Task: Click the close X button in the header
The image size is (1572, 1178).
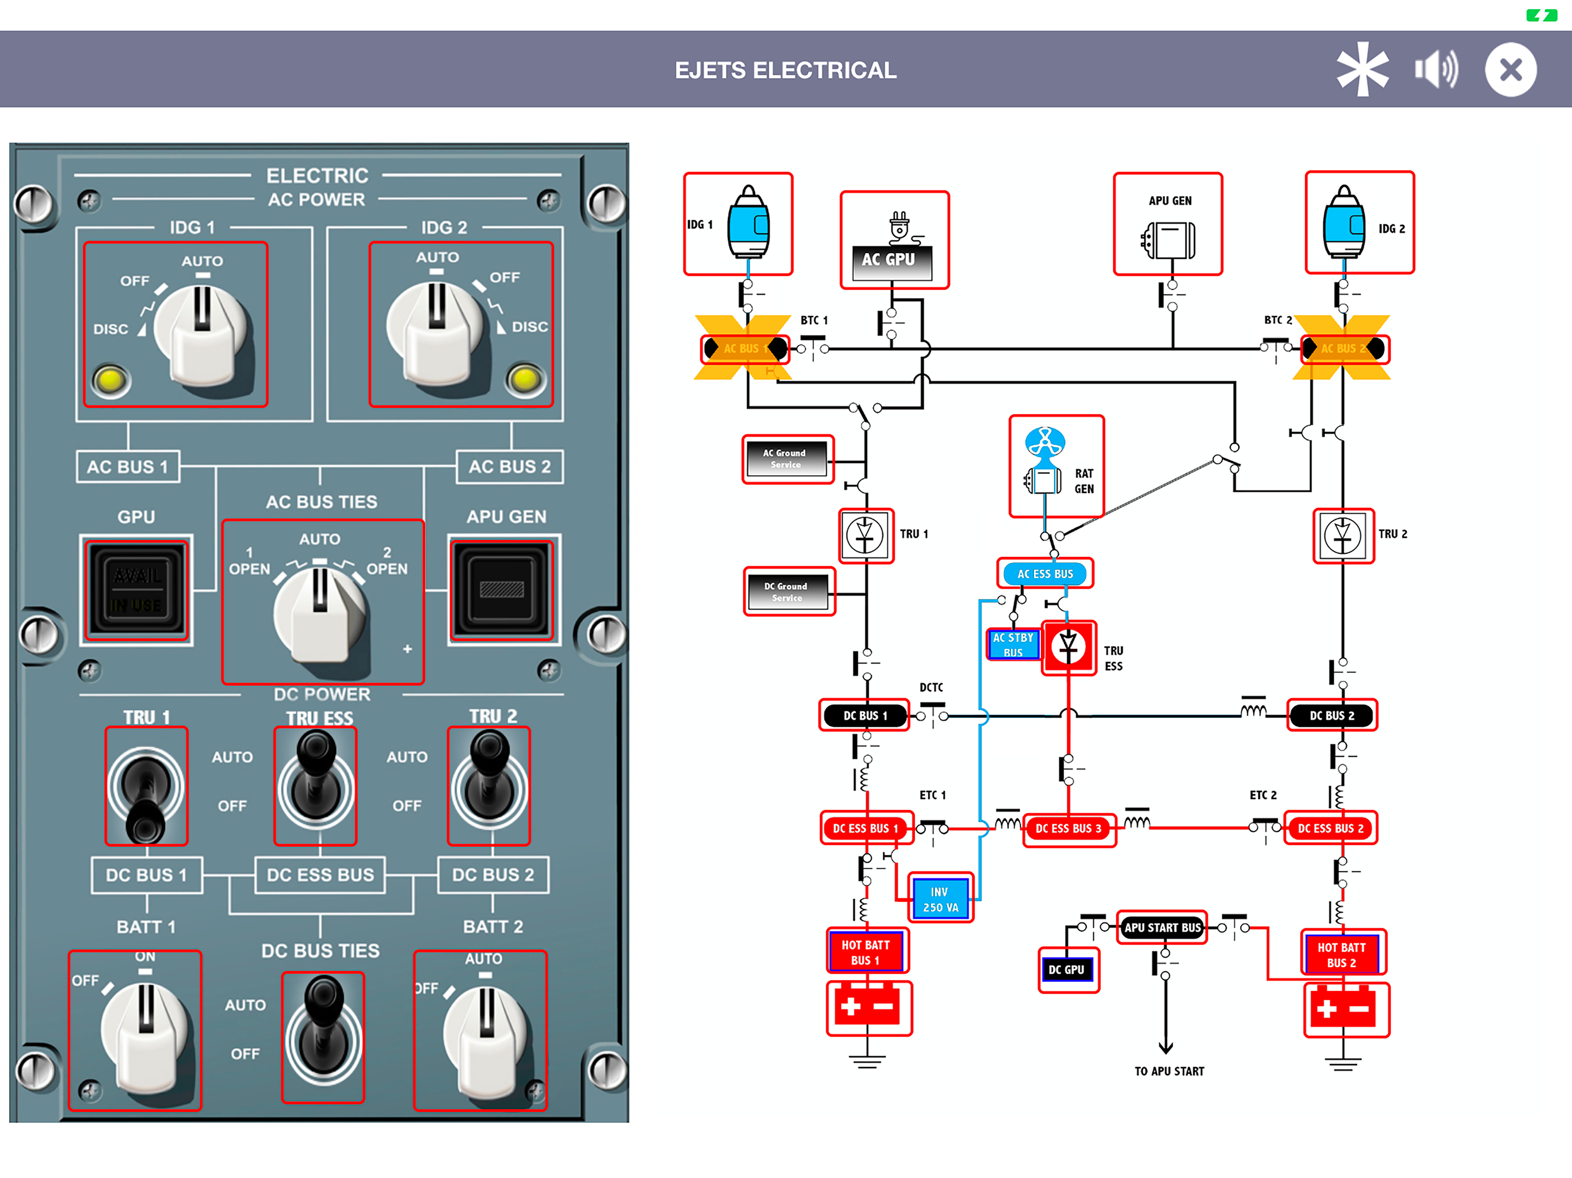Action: (x=1510, y=70)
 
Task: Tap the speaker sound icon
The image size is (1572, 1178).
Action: (x=1436, y=70)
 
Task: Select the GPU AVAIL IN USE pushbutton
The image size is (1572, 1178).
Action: (x=136, y=590)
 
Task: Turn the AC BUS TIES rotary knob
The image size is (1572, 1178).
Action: (x=320, y=611)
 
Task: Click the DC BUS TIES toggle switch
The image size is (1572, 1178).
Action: (x=323, y=1027)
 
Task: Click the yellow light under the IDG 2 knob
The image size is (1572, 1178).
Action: (x=525, y=380)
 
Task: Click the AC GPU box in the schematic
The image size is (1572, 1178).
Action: (x=894, y=242)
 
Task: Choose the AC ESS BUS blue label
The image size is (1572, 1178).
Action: (x=1045, y=573)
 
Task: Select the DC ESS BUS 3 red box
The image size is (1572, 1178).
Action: (x=1068, y=828)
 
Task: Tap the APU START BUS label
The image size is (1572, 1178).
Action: (x=1162, y=927)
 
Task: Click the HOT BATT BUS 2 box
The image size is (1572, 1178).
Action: (x=1342, y=954)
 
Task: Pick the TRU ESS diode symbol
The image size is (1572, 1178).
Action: (x=1068, y=647)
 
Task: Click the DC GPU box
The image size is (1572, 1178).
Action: (x=1067, y=970)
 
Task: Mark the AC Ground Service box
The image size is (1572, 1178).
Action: (x=786, y=458)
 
